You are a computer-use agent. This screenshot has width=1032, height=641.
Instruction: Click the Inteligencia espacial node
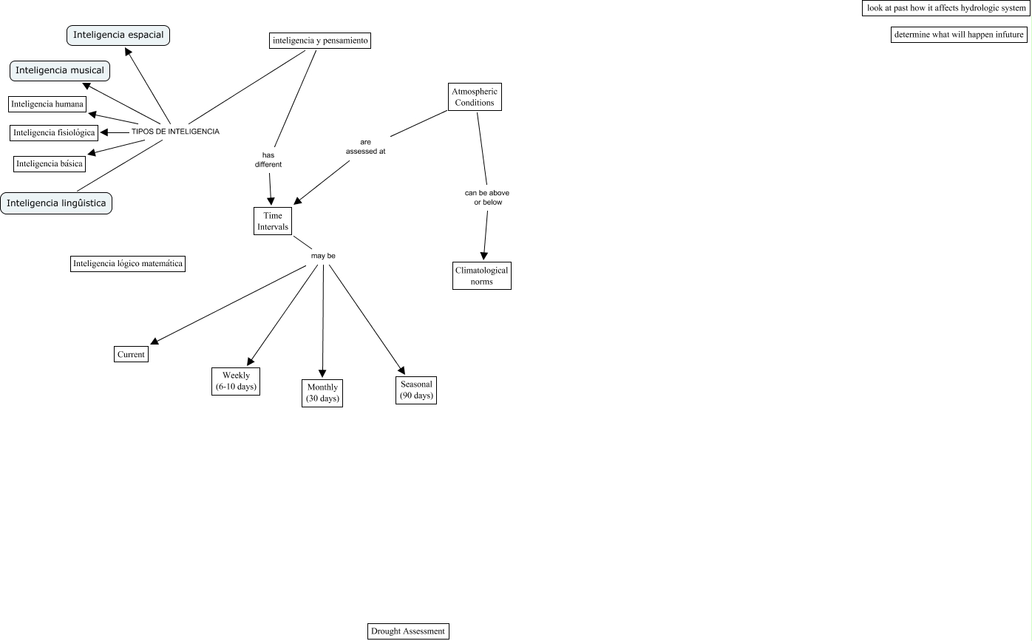[118, 35]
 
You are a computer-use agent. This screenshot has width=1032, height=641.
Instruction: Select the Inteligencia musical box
[60, 70]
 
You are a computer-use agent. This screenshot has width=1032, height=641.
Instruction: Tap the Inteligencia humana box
[47, 104]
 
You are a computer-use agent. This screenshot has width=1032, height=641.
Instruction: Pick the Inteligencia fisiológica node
[55, 133]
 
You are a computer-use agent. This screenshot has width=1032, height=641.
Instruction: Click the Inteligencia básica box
[50, 163]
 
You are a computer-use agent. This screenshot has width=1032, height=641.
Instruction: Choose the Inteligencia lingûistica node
[56, 203]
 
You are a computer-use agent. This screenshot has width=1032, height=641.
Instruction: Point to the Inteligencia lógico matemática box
[128, 263]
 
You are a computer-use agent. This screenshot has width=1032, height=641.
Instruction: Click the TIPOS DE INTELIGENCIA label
[175, 132]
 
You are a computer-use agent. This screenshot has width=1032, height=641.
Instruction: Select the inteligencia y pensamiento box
[319, 41]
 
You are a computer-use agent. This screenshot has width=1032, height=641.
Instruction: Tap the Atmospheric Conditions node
[475, 97]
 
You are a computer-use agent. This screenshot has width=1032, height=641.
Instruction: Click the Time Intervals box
[273, 221]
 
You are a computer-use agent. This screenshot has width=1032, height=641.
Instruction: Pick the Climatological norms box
[482, 276]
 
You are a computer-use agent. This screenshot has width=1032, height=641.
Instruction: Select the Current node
[132, 354]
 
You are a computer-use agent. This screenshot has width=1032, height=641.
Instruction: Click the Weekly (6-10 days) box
[236, 381]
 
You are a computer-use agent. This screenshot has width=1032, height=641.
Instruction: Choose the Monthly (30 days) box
[322, 393]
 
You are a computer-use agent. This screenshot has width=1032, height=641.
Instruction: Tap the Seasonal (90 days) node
[416, 390]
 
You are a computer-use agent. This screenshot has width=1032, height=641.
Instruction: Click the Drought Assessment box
[408, 631]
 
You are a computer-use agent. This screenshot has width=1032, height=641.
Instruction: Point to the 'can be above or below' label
[487, 197]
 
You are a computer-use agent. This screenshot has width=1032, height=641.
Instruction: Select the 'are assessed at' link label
[366, 146]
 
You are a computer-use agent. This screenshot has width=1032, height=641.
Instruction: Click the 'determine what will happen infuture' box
[959, 35]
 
